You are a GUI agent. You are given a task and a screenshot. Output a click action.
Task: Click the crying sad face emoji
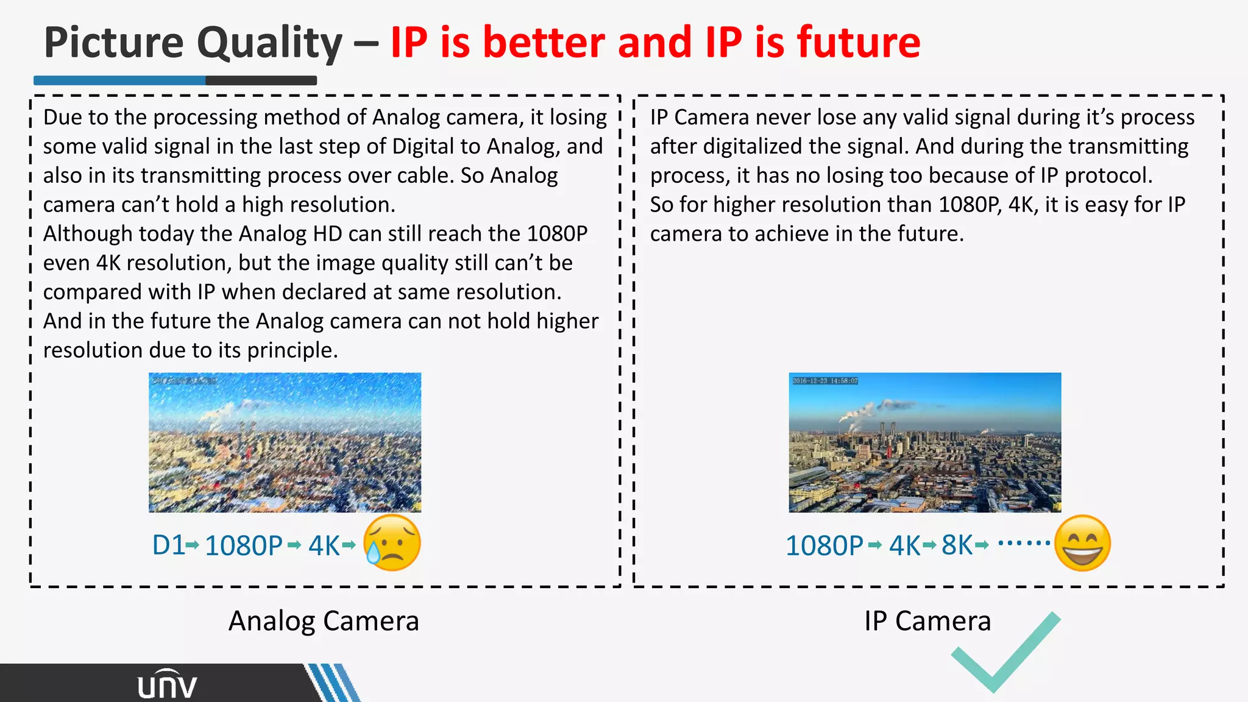click(392, 542)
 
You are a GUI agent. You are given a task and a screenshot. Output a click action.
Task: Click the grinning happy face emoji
click(1082, 543)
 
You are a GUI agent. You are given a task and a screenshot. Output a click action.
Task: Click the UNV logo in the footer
click(167, 685)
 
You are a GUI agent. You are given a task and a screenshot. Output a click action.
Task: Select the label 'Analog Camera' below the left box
click(324, 621)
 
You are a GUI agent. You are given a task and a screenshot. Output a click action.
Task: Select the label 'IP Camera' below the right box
click(927, 621)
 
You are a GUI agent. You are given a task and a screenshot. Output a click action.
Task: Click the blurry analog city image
click(285, 442)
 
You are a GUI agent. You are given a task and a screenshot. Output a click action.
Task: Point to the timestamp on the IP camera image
click(825, 381)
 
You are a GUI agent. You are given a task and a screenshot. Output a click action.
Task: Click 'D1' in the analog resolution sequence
click(168, 545)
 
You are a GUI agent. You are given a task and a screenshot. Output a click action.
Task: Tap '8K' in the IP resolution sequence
click(957, 545)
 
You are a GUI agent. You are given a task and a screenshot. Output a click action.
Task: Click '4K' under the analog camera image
click(324, 545)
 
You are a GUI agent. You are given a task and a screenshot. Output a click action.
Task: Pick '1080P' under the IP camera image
click(824, 545)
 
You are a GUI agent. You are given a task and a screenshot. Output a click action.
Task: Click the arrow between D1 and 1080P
click(193, 545)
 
